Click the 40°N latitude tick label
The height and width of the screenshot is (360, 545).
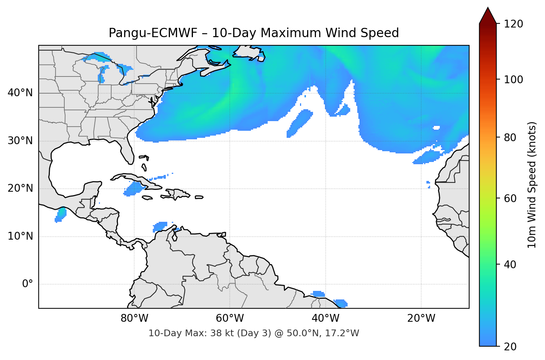pyautogui.click(x=20, y=93)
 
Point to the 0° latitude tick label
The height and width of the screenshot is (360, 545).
pyautogui.click(x=28, y=284)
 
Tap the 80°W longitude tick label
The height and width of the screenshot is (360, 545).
pyautogui.click(x=134, y=318)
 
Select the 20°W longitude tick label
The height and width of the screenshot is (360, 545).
pyautogui.click(x=421, y=318)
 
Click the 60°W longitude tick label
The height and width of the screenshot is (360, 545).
pyautogui.click(x=230, y=318)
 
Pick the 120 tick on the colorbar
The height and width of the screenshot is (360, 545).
pyautogui.click(x=513, y=24)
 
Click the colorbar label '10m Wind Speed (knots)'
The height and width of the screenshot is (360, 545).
pyautogui.click(x=532, y=185)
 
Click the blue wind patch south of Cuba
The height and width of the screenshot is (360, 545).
pyautogui.click(x=132, y=189)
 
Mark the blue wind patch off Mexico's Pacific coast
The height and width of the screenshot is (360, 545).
pyautogui.click(x=60, y=214)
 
